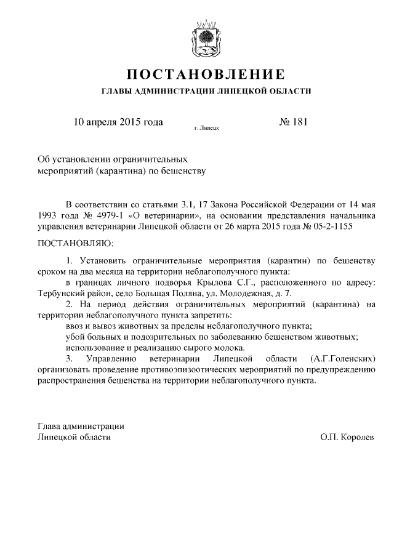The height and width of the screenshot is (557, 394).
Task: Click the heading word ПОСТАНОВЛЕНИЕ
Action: (206, 75)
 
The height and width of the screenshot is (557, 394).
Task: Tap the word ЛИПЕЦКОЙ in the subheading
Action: (239, 92)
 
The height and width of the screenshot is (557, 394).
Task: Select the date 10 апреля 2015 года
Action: (118, 122)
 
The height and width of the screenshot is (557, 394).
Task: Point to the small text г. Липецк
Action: (206, 129)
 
